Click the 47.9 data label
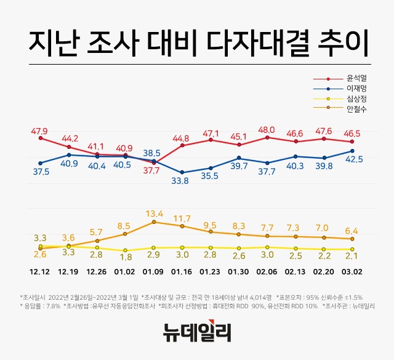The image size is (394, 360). pos(39,130)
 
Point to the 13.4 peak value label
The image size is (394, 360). pos(153,214)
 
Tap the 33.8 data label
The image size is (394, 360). pos(180,181)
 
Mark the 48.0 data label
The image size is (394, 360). pos(267,130)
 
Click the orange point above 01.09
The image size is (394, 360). pos(153,222)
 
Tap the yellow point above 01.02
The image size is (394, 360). pos(125,250)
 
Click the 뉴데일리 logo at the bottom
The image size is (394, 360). pos(197,333)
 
